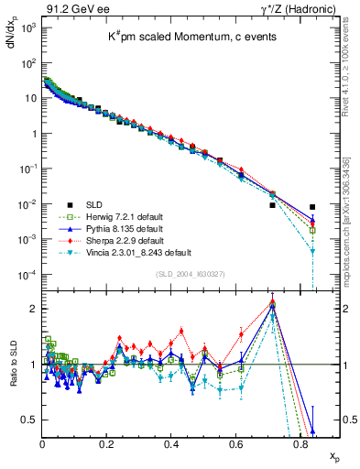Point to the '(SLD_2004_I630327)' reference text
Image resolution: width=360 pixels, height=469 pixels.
click(x=181, y=272)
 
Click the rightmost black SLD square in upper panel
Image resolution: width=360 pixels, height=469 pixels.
click(x=312, y=207)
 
